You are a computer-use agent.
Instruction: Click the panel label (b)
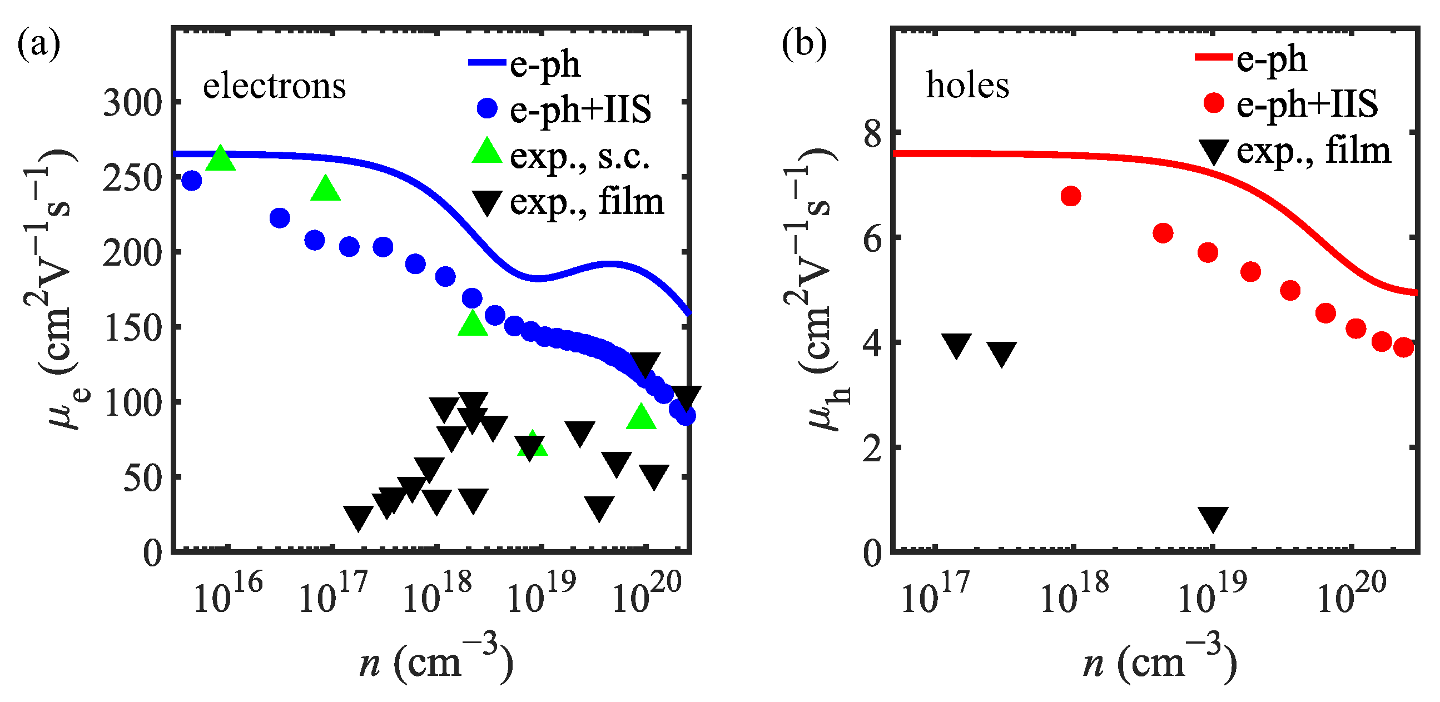pyautogui.click(x=803, y=44)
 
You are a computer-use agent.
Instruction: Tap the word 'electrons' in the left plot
pyautogui.click(x=274, y=87)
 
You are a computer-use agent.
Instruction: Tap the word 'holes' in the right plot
pyautogui.click(x=967, y=86)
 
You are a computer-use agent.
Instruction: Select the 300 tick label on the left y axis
pyautogui.click(x=132, y=103)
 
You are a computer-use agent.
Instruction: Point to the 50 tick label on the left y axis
pyautogui.click(x=142, y=479)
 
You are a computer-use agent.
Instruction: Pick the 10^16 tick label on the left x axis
pyautogui.click(x=227, y=595)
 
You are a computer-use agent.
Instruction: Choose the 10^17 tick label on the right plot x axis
pyautogui.click(x=935, y=595)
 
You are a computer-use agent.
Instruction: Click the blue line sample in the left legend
pyautogui.click(x=486, y=63)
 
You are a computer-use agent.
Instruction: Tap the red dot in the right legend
pyautogui.click(x=1213, y=103)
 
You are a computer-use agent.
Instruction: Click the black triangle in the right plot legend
pyautogui.click(x=1213, y=151)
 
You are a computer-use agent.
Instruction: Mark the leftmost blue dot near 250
pyautogui.click(x=192, y=181)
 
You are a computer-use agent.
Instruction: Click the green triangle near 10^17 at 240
pyautogui.click(x=325, y=189)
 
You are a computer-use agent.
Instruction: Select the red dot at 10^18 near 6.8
pyautogui.click(x=1070, y=196)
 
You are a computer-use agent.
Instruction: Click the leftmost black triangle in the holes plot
pyautogui.click(x=956, y=345)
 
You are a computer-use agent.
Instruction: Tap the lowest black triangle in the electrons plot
pyautogui.click(x=358, y=517)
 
